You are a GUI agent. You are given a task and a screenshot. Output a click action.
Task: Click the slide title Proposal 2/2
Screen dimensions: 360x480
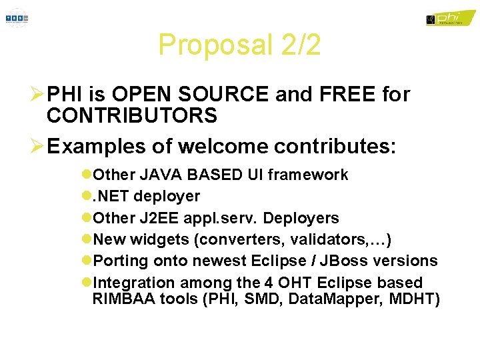[x=239, y=45]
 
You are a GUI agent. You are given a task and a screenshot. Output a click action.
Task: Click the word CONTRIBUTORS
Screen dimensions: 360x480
[x=132, y=116]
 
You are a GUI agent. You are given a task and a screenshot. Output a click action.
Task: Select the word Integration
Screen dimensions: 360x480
[x=134, y=283]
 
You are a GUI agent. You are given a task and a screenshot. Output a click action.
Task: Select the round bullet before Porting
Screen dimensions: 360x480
[x=87, y=261]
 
